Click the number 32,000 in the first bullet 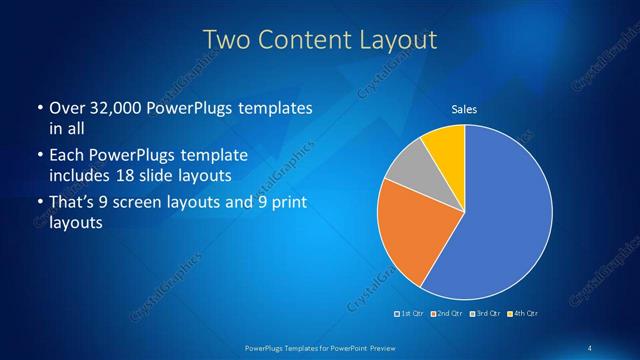pyautogui.click(x=111, y=107)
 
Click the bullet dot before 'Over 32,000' pyautogui.click(x=38, y=107)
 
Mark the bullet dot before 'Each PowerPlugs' pyautogui.click(x=38, y=157)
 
